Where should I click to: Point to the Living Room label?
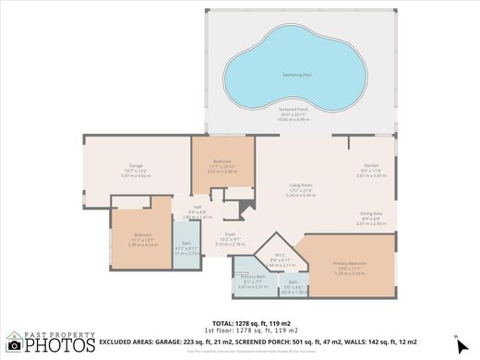(301, 186)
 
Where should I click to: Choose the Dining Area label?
(372, 213)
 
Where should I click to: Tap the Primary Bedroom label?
(350, 264)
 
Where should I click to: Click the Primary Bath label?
(252, 277)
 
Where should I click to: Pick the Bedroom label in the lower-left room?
(142, 234)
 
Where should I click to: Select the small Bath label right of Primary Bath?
(293, 282)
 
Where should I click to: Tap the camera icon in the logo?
(12, 341)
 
